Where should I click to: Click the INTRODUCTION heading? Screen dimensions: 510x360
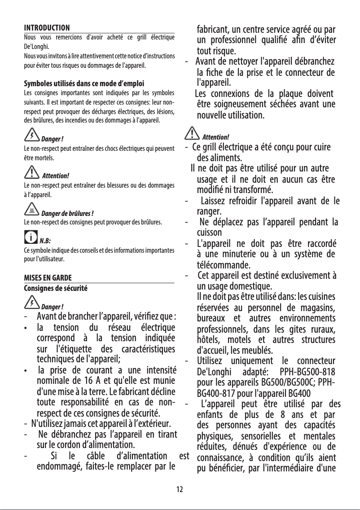(x=47, y=28)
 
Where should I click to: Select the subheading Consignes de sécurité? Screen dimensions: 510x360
(x=55, y=286)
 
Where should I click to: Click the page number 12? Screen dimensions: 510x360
(x=180, y=489)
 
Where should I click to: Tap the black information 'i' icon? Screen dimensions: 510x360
(x=31, y=236)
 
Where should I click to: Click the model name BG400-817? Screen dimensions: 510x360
(x=216, y=392)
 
